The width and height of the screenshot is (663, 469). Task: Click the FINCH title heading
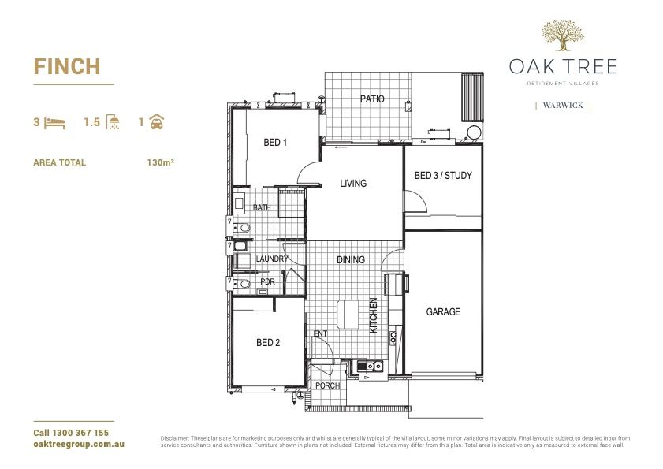coord(66,66)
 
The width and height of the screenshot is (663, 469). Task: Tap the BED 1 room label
coord(275,143)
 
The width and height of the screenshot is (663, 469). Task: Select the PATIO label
coord(372,99)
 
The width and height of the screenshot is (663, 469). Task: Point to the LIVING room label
coord(353,184)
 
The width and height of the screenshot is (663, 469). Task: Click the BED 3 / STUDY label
coord(443,175)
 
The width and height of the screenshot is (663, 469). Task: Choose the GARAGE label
coord(443,312)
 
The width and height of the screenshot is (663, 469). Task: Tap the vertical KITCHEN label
coord(374,315)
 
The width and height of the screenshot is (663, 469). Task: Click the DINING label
coord(351,259)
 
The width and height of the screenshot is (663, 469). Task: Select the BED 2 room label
coord(268,343)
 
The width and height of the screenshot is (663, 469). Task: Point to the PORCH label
coord(327,386)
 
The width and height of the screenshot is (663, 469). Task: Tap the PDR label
coord(267,281)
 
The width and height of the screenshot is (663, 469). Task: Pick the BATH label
coord(262,208)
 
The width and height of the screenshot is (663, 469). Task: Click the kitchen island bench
coord(348,315)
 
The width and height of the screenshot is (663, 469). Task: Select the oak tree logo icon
coord(563,36)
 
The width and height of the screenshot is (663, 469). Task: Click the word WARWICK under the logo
coord(563,105)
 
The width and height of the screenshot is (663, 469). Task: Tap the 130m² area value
coord(160,162)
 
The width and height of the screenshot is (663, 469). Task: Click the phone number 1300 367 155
coord(80,433)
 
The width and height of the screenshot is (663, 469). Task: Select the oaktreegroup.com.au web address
coord(79,445)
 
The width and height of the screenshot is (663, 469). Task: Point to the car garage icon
coord(157,123)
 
